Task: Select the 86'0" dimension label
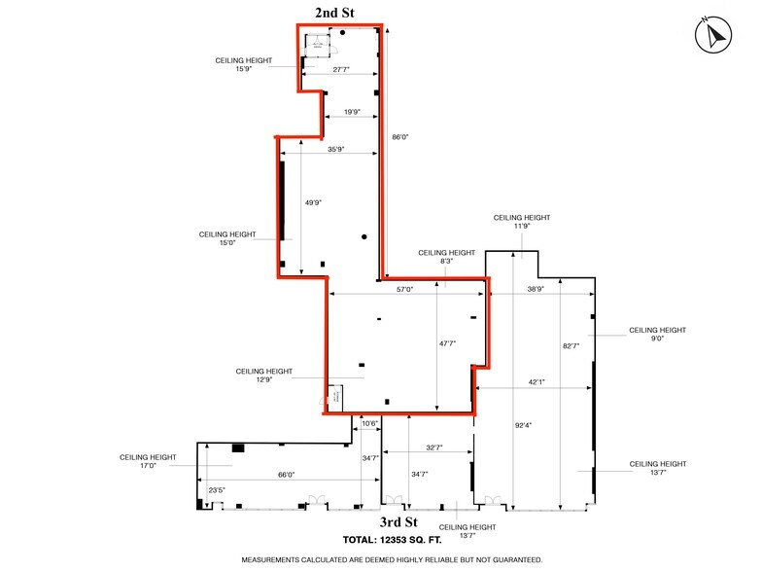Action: (x=399, y=138)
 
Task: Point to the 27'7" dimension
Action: (x=340, y=70)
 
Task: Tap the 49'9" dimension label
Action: (x=313, y=203)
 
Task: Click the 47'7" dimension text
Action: (x=447, y=342)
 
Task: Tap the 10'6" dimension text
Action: (x=369, y=423)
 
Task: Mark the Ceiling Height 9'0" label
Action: (x=658, y=335)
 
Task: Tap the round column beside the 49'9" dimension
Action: (x=364, y=236)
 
